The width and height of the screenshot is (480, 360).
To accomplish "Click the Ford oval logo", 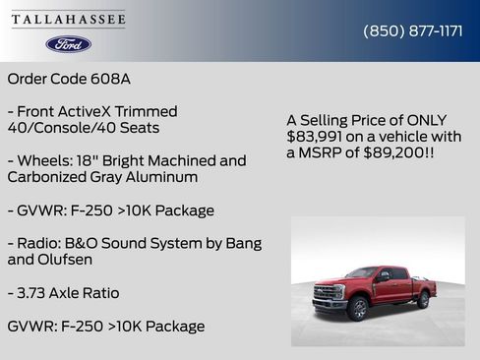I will click(68, 44).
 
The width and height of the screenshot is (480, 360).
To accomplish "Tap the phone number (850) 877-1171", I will click(413, 30).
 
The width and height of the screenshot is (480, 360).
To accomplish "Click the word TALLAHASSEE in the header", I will click(69, 19).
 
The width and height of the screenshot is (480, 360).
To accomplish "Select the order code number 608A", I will click(111, 78).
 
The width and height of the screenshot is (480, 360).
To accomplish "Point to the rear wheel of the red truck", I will click(421, 299).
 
